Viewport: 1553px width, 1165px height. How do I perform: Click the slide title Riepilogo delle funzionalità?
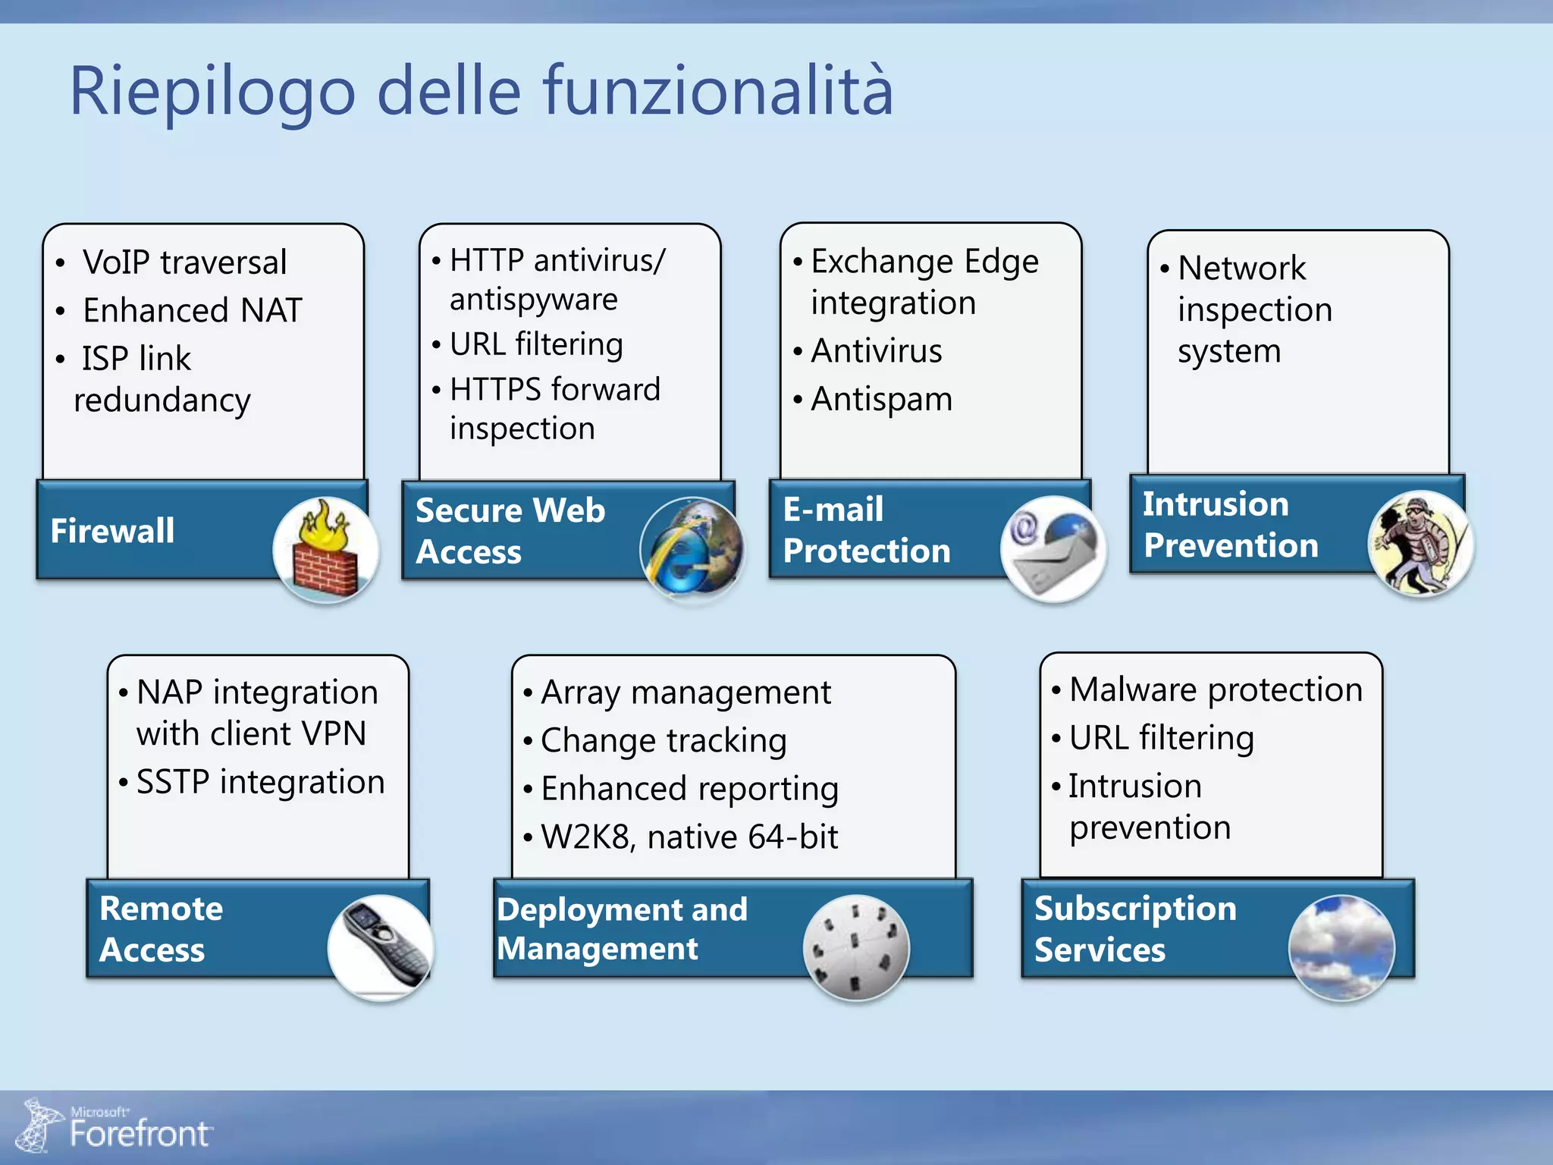click(x=481, y=91)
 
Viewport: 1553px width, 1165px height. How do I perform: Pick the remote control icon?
click(x=381, y=947)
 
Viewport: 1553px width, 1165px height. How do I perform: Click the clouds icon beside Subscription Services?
click(x=1341, y=947)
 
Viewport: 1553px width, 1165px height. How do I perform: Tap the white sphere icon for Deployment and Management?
click(x=855, y=947)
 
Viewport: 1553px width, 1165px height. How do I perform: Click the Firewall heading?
click(x=112, y=530)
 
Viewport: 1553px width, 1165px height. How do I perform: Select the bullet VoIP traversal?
click(x=184, y=262)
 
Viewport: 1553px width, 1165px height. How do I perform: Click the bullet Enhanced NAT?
click(x=192, y=310)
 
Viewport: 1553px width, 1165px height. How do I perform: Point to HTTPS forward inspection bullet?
click(x=554, y=409)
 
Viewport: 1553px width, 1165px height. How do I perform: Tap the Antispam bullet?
click(x=881, y=399)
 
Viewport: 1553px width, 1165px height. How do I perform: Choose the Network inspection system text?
click(x=1254, y=309)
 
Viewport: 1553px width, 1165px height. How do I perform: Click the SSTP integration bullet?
click(x=260, y=782)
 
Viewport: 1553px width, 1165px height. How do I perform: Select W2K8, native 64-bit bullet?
click(x=689, y=837)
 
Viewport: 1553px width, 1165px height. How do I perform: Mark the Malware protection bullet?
click(x=1215, y=689)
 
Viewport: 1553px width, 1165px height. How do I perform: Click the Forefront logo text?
click(x=139, y=1133)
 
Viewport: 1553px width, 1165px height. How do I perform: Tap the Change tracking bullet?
click(x=663, y=740)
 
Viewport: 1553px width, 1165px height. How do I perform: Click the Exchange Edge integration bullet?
click(x=924, y=281)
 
